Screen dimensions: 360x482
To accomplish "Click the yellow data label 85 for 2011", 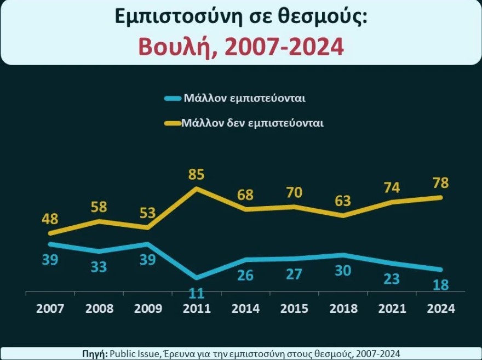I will pos(196,175).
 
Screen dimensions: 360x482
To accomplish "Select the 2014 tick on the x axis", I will pos(245,308).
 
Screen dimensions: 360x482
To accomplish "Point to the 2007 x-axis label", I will pos(50,308).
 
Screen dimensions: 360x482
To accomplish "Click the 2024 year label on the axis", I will pos(441,308).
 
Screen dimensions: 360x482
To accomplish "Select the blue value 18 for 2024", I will pos(441,284).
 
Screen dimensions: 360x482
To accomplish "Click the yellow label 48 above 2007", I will pos(50,219).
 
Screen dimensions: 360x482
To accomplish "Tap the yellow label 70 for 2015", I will pos(294,192).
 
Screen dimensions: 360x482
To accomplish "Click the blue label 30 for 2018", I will pos(343,271).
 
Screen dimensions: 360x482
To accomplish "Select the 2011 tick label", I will pos(196,308).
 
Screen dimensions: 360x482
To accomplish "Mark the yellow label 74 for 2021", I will pos(392,187).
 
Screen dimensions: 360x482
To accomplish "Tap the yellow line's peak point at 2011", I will pos(196,189).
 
